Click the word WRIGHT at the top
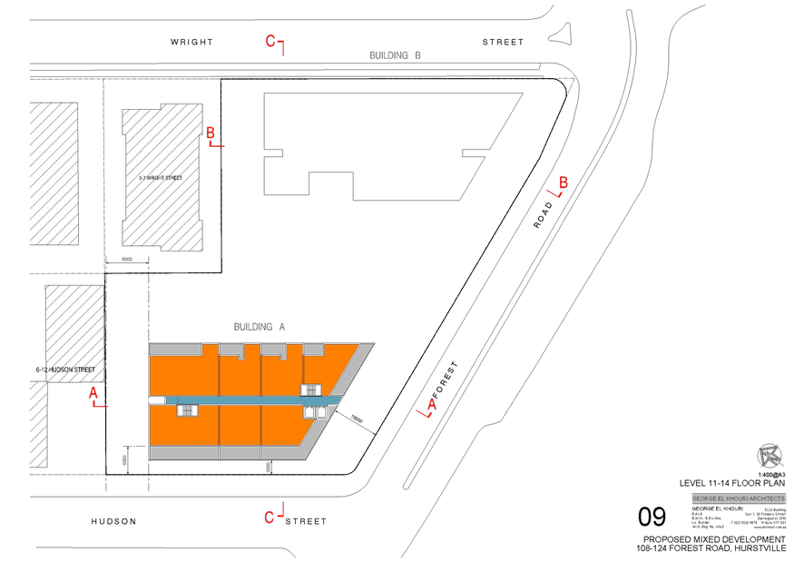(x=191, y=42)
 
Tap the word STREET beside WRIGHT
(x=502, y=42)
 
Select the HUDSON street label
(x=113, y=521)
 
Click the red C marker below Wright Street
(x=270, y=40)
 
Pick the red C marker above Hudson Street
(x=269, y=517)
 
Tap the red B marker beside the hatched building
(x=211, y=133)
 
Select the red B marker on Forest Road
(x=563, y=183)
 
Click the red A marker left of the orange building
(x=92, y=394)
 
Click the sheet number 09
(x=652, y=518)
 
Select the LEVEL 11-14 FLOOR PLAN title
(x=732, y=484)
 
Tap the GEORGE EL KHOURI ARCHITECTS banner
(x=738, y=498)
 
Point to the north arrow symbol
(x=770, y=454)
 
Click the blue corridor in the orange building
(x=245, y=399)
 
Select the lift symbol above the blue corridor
(x=311, y=389)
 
